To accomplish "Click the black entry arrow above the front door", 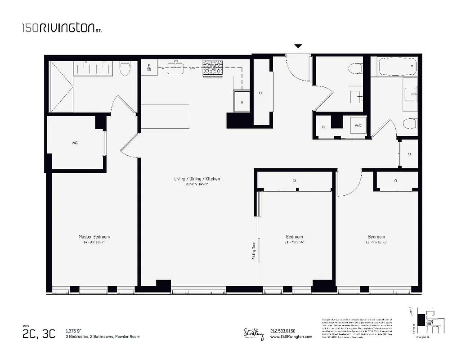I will [298, 46].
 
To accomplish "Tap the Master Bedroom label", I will [94, 237].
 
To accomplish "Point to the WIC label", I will [75, 143].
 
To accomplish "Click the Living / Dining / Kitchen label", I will [197, 179].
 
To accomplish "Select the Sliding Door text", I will [254, 251].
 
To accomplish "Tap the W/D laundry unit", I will [358, 126].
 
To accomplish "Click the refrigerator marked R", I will [242, 102].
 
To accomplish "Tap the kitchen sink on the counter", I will [176, 67].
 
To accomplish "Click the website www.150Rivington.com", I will [291, 337].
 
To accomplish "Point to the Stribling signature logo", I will [252, 334].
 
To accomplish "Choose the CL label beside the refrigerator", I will [260, 94].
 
